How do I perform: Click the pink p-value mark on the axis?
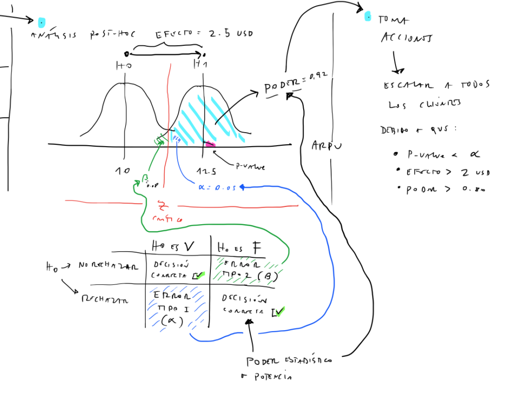[210, 144]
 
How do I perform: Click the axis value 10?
[123, 171]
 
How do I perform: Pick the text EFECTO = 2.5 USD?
[204, 34]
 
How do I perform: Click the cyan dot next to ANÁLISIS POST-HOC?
[42, 22]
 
